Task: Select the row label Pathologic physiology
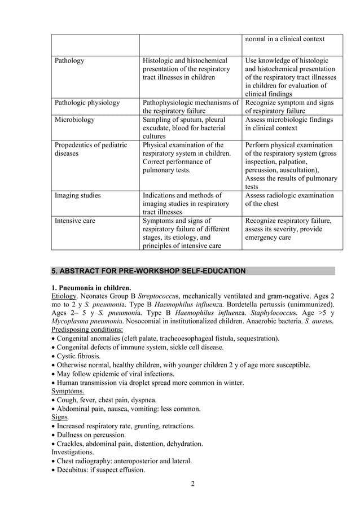[87, 103]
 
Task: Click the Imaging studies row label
[77, 195]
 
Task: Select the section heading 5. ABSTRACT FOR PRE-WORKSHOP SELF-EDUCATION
[148, 271]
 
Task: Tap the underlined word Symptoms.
[68, 390]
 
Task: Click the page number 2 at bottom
[192, 484]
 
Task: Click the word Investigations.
[73, 452]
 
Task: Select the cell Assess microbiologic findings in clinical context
[288, 124]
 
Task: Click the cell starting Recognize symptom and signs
[288, 107]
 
